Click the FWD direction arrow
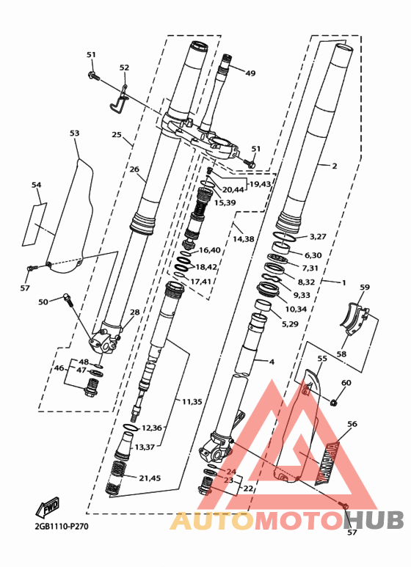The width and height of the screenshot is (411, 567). tap(47, 508)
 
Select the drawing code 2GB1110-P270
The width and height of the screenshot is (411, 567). tap(62, 526)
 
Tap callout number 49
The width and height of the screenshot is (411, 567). tap(250, 73)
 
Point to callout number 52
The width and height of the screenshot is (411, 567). tap(124, 67)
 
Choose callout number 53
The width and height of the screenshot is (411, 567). tap(75, 133)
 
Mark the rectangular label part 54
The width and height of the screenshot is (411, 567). tap(35, 225)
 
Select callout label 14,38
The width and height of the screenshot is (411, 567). tap(244, 239)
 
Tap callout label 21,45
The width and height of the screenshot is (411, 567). tap(150, 478)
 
